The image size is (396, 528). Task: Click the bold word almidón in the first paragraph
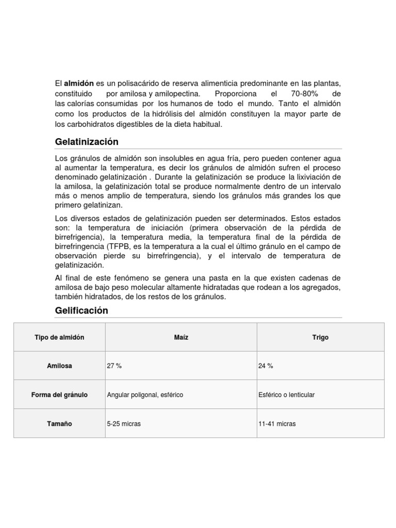pyautogui.click(x=78, y=84)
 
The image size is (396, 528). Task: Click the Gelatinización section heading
pyautogui.click(x=87, y=142)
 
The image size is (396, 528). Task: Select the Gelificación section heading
pyautogui.click(x=81, y=310)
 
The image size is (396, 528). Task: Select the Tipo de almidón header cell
pyautogui.click(x=59, y=337)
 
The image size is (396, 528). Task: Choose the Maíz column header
pyautogui.click(x=181, y=337)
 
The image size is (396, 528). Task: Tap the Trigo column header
pyautogui.click(x=320, y=337)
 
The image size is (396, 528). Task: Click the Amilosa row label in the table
pyautogui.click(x=59, y=366)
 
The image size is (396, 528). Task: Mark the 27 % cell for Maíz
pyautogui.click(x=114, y=366)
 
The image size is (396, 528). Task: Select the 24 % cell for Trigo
pyautogui.click(x=266, y=366)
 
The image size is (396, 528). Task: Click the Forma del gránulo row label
pyautogui.click(x=59, y=395)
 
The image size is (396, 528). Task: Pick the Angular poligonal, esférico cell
pyautogui.click(x=145, y=395)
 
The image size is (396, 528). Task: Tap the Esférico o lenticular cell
pyautogui.click(x=286, y=395)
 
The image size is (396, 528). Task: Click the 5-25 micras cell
pyautogui.click(x=124, y=424)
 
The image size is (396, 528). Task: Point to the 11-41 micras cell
pyautogui.click(x=277, y=424)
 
